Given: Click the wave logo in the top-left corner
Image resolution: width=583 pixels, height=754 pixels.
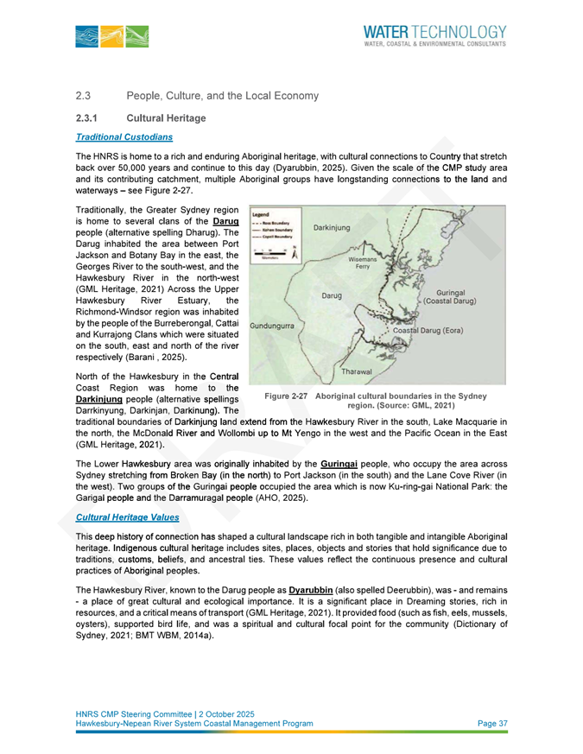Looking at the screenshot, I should tap(111, 35).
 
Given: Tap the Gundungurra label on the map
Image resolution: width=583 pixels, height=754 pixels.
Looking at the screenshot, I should tap(272, 326).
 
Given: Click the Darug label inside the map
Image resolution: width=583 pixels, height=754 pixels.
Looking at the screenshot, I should tap(333, 296).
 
